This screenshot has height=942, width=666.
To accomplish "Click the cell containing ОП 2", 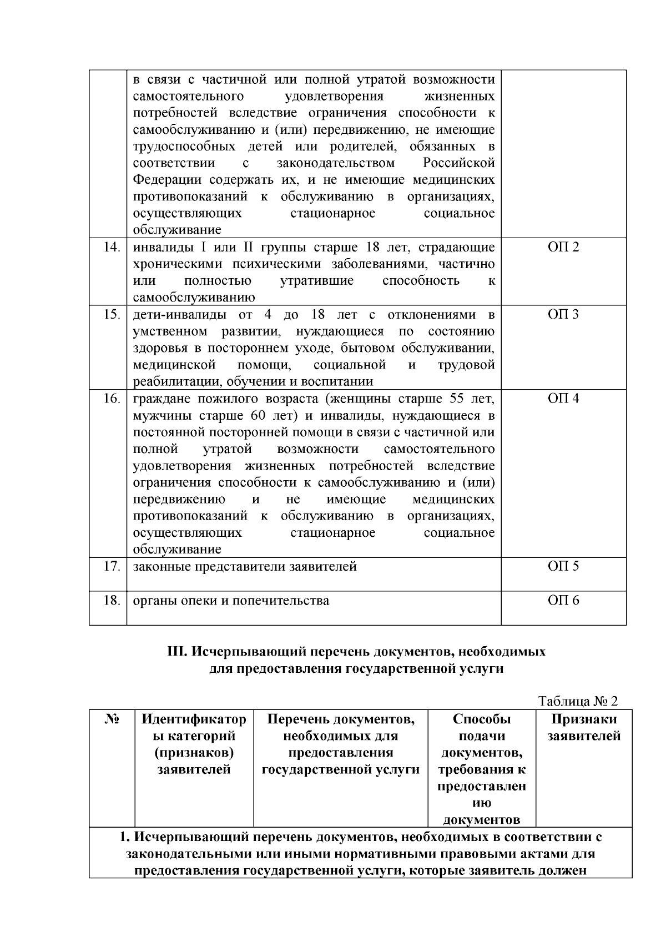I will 563,248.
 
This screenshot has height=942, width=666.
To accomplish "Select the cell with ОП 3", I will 563,315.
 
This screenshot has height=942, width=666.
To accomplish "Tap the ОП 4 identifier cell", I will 563,399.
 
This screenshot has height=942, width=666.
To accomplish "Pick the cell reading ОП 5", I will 563,566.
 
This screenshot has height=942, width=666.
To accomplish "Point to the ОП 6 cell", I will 563,601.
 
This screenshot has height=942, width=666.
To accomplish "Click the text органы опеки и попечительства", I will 231,601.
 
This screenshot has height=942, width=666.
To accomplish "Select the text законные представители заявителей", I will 245,567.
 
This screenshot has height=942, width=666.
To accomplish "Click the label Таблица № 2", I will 578,701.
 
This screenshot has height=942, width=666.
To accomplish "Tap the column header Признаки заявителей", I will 584,728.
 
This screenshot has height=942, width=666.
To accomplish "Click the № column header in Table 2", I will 112,719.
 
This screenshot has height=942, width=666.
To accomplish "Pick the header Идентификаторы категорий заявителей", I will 194,744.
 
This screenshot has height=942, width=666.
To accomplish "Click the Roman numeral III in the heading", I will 176,652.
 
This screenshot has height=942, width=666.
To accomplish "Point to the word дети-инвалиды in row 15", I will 179,315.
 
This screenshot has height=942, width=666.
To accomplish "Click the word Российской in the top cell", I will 458,163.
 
